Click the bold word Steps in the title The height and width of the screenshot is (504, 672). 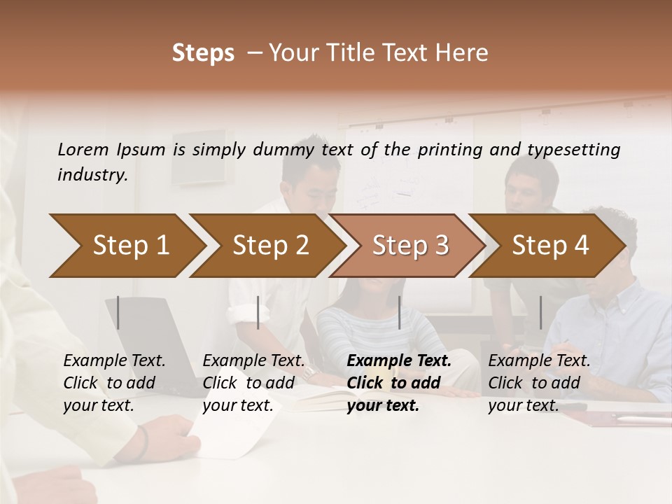click(203, 53)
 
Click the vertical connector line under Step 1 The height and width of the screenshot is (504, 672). click(118, 312)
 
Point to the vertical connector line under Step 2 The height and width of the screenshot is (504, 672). click(258, 312)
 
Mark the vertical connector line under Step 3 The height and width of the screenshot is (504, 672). click(399, 312)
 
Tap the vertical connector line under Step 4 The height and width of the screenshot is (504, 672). click(540, 312)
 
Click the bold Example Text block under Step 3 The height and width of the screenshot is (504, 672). click(399, 383)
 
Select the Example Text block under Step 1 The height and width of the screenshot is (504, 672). click(114, 383)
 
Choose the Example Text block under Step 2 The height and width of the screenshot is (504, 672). click(253, 383)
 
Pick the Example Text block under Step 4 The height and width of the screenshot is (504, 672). click(539, 383)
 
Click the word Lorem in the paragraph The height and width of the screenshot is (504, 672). click(83, 149)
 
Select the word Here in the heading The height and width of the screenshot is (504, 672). click(464, 53)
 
